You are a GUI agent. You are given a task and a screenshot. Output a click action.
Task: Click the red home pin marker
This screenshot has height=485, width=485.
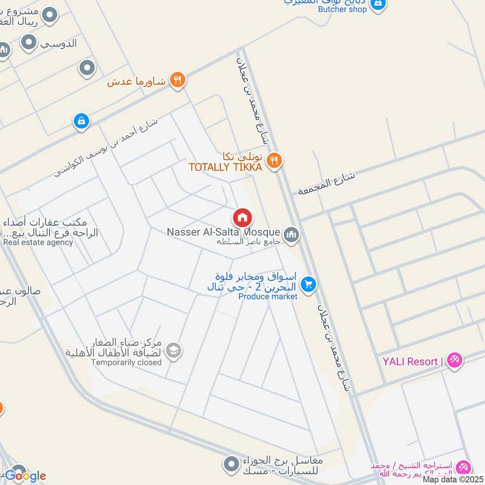[x=242, y=218]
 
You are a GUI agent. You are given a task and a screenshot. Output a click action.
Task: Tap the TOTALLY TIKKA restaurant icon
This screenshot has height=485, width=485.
[x=274, y=160]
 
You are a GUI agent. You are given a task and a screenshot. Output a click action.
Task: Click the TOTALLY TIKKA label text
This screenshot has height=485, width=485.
[x=225, y=167]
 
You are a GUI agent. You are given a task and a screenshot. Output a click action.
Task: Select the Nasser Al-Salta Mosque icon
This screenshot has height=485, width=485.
[x=292, y=235]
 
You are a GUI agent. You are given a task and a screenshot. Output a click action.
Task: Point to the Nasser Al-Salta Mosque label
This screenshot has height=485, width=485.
[x=223, y=232]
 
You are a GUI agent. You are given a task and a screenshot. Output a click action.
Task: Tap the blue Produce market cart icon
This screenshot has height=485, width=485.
[x=309, y=284]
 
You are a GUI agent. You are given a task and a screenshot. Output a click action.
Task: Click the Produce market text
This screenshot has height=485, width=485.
[x=267, y=296]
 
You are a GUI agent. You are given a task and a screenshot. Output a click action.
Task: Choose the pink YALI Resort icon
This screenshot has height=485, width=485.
[x=454, y=361]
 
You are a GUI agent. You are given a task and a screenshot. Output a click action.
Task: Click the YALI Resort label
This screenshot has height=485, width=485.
[x=410, y=362]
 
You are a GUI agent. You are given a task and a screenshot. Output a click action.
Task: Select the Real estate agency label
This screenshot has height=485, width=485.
[x=38, y=242]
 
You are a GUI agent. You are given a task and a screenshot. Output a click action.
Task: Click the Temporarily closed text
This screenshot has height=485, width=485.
[x=126, y=363]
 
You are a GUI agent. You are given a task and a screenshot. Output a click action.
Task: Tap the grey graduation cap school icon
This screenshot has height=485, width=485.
[x=174, y=352]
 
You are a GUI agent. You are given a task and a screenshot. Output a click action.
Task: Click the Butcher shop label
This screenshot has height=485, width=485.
[x=344, y=9]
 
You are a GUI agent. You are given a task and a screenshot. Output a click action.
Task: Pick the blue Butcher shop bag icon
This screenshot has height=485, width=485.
[x=378, y=4]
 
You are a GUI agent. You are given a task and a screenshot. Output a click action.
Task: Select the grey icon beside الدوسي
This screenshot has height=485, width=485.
[x=28, y=42]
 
